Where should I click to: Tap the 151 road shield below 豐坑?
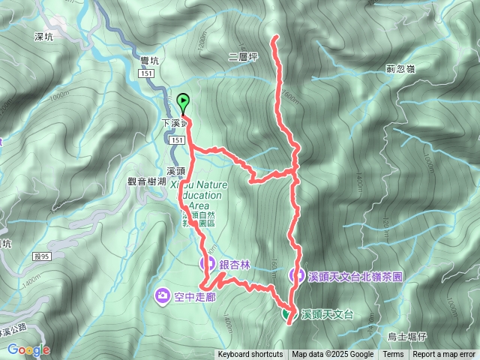click(147, 73)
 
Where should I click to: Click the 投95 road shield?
click(21, 257)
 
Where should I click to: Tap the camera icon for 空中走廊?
click(163, 296)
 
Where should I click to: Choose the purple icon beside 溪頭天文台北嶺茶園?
click(298, 276)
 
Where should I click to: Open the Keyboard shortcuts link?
click(250, 355)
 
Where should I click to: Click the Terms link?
click(393, 355)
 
